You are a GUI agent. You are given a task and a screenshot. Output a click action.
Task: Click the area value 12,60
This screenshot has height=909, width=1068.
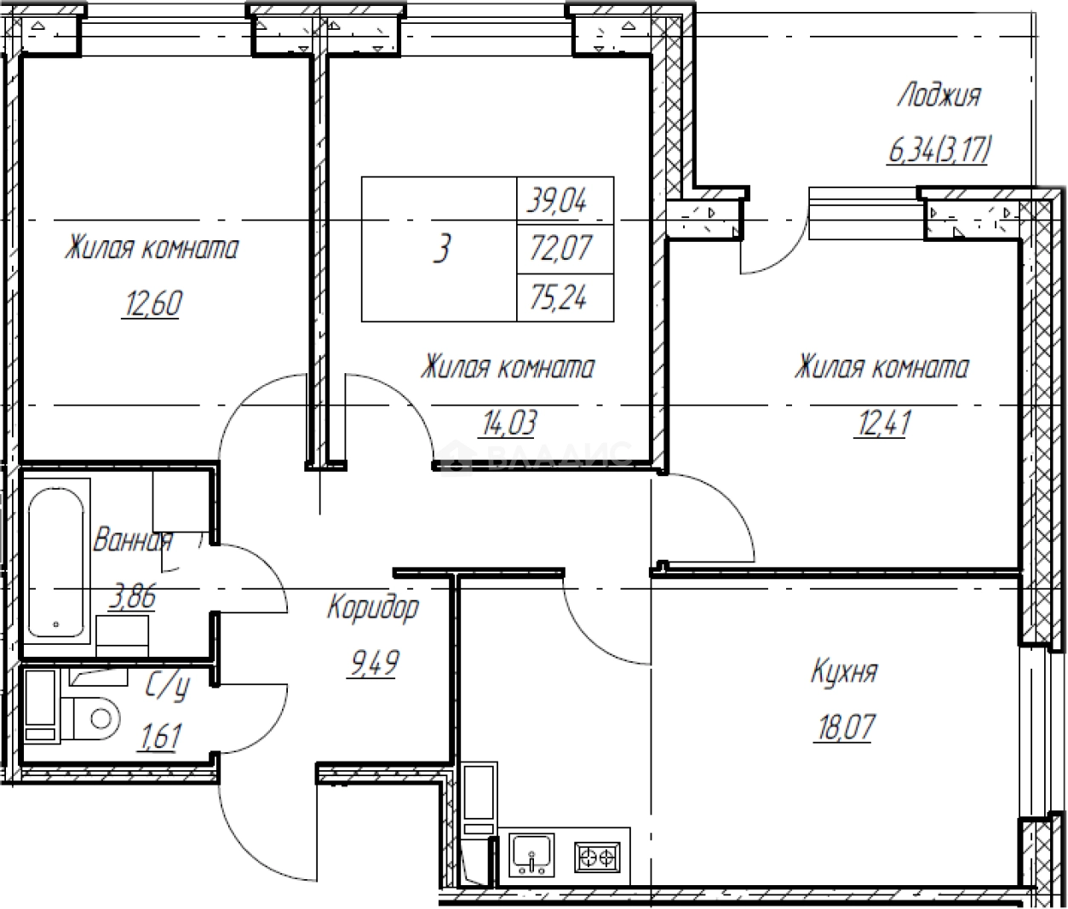point(152,303)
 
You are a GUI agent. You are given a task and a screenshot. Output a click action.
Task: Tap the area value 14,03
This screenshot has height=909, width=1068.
point(509,423)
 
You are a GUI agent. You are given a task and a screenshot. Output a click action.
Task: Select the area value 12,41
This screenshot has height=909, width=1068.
point(883,423)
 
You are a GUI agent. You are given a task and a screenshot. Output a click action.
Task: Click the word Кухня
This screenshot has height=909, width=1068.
point(844,672)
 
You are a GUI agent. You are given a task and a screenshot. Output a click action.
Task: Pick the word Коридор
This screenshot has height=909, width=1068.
point(373,608)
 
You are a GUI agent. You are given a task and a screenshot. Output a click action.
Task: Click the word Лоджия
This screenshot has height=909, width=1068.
point(939,96)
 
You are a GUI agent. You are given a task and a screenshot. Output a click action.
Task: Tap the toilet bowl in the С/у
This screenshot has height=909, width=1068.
point(96,718)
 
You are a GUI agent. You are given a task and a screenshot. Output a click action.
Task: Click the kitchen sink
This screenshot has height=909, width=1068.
point(531,855)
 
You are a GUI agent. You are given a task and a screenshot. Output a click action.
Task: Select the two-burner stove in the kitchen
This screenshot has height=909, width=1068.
point(596,857)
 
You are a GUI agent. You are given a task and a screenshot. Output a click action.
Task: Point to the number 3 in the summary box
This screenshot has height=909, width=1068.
point(442,248)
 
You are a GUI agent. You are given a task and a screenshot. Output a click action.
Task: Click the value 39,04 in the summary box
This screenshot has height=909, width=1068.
point(557,200)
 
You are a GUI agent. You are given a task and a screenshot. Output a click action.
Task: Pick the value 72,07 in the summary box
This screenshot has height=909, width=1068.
point(560,248)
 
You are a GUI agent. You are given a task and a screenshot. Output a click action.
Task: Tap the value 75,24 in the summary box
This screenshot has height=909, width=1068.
point(559,297)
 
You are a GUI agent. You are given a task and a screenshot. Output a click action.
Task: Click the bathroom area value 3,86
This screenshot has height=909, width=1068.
point(132,598)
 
